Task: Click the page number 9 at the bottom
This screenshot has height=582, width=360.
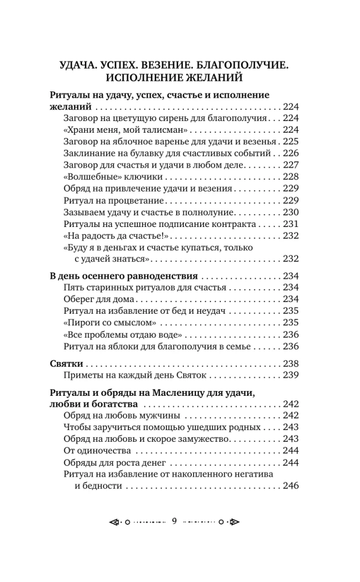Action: pyautogui.click(x=174, y=521)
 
